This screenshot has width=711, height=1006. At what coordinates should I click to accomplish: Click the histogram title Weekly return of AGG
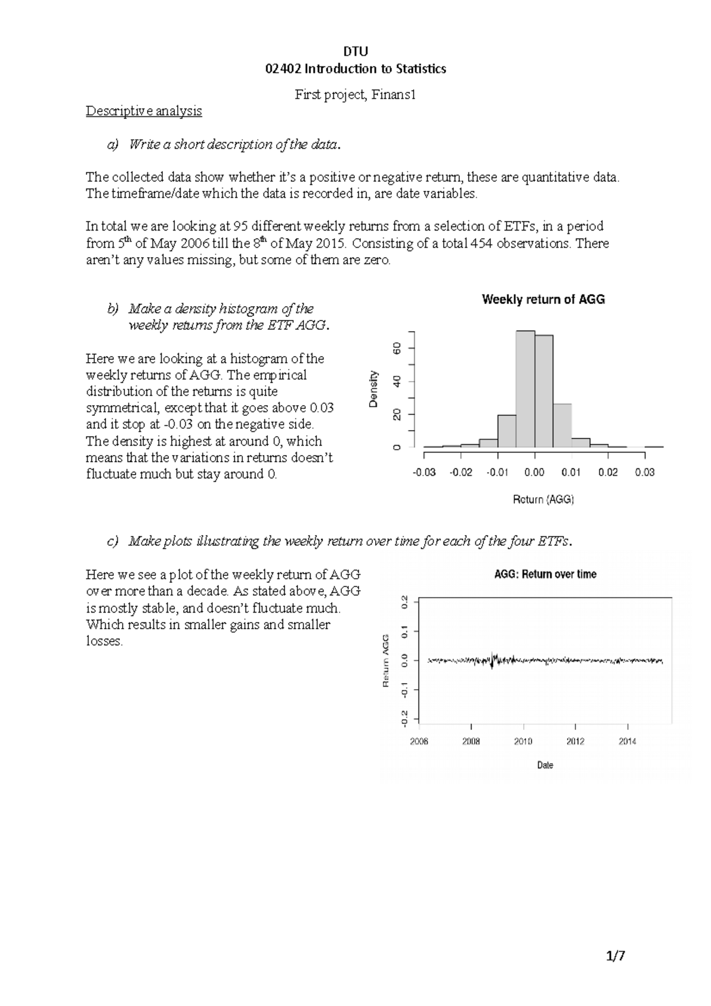pyautogui.click(x=543, y=300)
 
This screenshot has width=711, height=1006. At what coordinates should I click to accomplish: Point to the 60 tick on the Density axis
pyautogui.click(x=398, y=348)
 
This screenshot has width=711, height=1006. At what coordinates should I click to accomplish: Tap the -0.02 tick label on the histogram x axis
pyautogui.click(x=461, y=472)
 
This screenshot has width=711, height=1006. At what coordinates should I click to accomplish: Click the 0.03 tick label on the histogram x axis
pyautogui.click(x=644, y=472)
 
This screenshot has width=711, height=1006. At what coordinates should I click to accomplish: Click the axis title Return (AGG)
pyautogui.click(x=543, y=499)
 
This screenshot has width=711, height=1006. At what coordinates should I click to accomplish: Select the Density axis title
pyautogui.click(x=373, y=389)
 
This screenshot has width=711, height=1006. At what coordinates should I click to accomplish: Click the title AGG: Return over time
pyautogui.click(x=545, y=574)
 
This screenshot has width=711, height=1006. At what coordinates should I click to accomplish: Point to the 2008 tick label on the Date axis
pyautogui.click(x=471, y=741)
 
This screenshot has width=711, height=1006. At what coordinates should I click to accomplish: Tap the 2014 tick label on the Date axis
pyautogui.click(x=627, y=741)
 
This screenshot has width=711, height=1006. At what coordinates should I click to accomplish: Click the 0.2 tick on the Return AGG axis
pyautogui.click(x=405, y=602)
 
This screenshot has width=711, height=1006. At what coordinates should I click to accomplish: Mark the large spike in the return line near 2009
pyautogui.click(x=492, y=659)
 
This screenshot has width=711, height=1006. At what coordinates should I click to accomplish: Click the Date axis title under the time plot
pyautogui.click(x=545, y=765)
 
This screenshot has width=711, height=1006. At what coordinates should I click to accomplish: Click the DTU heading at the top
pyautogui.click(x=355, y=52)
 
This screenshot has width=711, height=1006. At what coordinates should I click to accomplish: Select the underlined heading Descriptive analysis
pyautogui.click(x=144, y=111)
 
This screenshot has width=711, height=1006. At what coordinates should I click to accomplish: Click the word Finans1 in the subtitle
pyautogui.click(x=393, y=95)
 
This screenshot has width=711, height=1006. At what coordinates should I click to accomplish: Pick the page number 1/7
pyautogui.click(x=616, y=956)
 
